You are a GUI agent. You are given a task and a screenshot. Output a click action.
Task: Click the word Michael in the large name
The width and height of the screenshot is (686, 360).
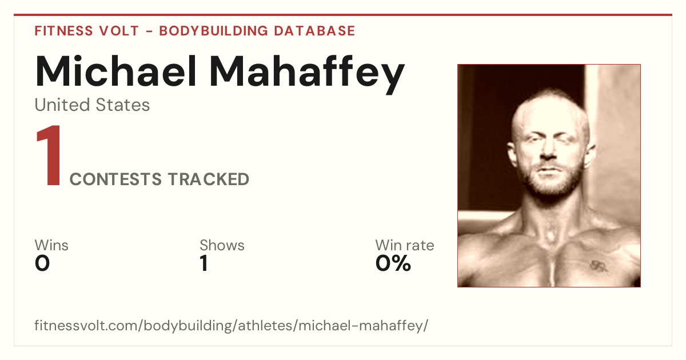click(x=115, y=71)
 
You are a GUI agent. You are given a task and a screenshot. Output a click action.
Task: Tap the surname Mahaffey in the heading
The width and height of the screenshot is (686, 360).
click(x=307, y=74)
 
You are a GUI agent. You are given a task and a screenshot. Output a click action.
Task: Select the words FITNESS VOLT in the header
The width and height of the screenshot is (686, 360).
click(x=87, y=31)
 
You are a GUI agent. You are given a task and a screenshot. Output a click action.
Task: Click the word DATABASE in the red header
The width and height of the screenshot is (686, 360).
click(x=314, y=31)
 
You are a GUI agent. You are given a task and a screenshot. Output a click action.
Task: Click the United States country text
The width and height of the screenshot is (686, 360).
click(x=92, y=105)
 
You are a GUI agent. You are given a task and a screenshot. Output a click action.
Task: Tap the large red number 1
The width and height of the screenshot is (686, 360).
click(x=49, y=155)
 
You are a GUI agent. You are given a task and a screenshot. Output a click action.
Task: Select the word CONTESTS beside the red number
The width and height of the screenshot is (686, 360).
click(x=115, y=179)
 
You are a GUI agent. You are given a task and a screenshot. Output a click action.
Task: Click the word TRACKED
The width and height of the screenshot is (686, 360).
click(x=209, y=179)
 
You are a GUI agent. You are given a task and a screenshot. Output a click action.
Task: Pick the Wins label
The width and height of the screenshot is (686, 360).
click(x=51, y=245)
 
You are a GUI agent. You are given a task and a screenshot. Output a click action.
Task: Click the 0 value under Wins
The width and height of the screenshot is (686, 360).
click(x=42, y=263)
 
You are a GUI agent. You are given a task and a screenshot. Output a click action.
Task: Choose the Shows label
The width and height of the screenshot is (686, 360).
click(x=222, y=245)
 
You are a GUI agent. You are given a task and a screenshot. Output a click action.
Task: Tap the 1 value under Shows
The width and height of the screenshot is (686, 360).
click(x=204, y=263)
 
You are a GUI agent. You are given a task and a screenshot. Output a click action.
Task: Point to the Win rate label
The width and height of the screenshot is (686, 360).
click(x=405, y=245)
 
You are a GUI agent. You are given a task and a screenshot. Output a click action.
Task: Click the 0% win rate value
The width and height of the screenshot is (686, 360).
click(x=393, y=263)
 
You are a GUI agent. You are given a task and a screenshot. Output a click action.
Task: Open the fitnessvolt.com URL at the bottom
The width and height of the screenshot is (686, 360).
click(x=231, y=325)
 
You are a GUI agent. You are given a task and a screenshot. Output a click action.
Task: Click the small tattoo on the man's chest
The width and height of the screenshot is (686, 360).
click(x=597, y=266)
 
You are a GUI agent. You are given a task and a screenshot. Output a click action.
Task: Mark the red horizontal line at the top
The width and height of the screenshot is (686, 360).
click(x=343, y=15)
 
